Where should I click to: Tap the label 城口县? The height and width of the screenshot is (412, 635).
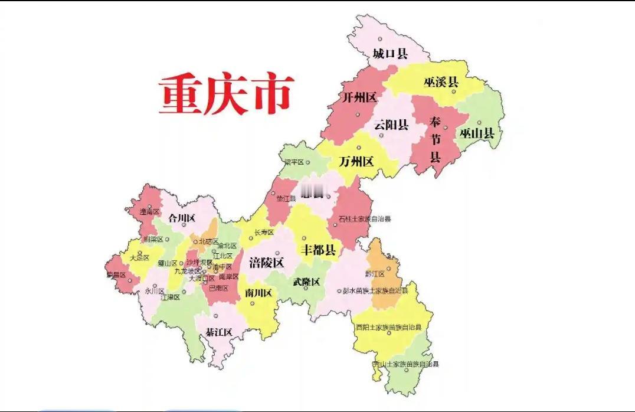(x=390, y=54)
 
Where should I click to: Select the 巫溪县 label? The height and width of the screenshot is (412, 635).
(x=441, y=83)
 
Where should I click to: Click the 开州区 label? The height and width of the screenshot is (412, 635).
(x=359, y=97)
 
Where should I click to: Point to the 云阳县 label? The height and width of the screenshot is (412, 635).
(x=391, y=125)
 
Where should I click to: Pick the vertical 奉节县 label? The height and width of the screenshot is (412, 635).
(x=436, y=139)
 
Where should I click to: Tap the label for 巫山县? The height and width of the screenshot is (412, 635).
(x=477, y=133)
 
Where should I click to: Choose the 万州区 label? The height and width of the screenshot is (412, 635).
(x=356, y=161)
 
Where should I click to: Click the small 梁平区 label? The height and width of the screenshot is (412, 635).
(x=293, y=162)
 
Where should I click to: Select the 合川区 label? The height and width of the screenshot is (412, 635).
(x=182, y=218)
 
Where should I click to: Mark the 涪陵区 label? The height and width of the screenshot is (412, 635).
(x=267, y=263)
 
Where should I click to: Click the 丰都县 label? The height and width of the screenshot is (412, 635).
(x=319, y=250)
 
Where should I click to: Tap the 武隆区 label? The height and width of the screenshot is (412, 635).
(x=306, y=282)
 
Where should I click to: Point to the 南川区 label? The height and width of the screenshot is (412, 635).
(x=258, y=293)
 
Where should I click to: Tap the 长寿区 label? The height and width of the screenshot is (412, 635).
(x=264, y=233)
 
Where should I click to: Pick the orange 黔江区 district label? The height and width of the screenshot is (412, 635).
(x=375, y=274)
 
